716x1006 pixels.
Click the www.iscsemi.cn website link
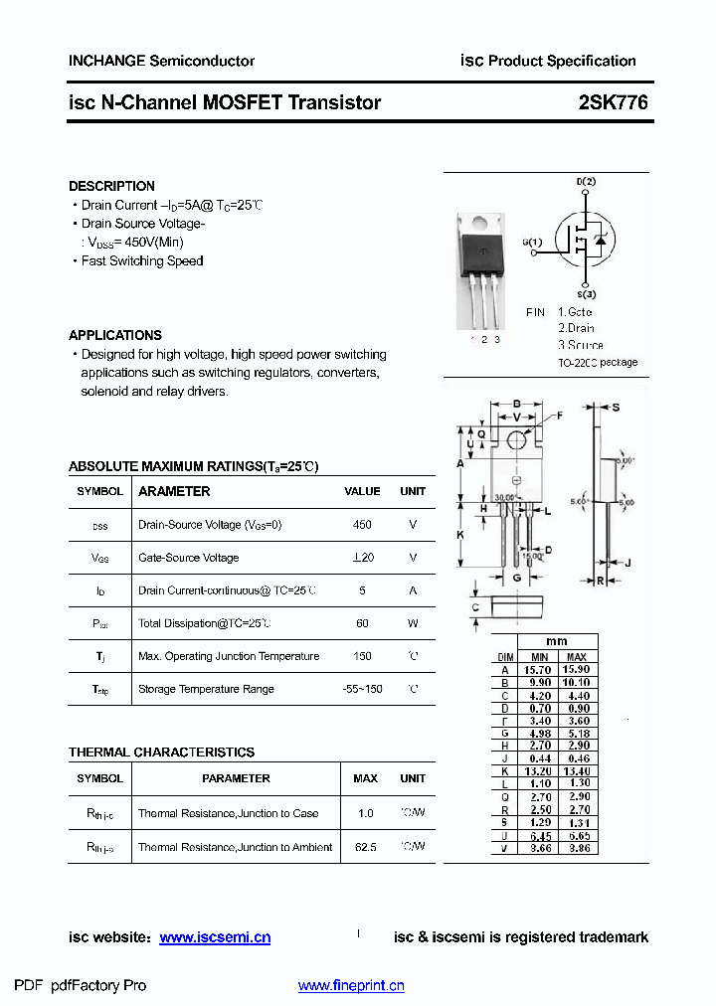coord(215,937)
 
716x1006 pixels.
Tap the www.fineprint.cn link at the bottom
coord(351,986)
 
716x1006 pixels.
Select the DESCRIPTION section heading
coord(111,186)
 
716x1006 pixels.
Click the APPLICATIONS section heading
coord(115,335)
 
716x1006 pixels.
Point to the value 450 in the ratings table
coord(362,525)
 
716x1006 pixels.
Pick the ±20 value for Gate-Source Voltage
coord(362,558)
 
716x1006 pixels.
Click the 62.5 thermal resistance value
coord(365,847)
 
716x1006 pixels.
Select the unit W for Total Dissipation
coord(413,623)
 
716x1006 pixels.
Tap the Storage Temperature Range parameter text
coord(206,689)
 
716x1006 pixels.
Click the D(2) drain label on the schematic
coord(586,182)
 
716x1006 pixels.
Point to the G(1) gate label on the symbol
coord(532,243)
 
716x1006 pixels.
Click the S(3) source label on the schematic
coord(586,294)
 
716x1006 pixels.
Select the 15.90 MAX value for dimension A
coord(576,670)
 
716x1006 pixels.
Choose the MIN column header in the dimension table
coord(539,657)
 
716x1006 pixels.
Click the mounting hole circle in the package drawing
coord(516,440)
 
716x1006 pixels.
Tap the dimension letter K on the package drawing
coord(460,535)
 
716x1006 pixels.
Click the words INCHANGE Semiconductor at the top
coord(161,61)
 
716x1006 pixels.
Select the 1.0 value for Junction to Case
coord(365,813)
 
